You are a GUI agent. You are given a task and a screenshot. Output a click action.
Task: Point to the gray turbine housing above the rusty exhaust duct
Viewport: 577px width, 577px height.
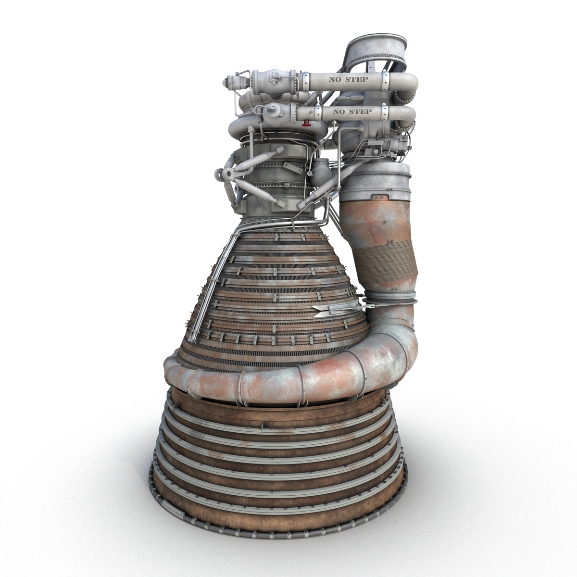point(378,183)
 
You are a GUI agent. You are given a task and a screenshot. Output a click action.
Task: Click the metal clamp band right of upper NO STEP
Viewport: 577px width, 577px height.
point(385,81)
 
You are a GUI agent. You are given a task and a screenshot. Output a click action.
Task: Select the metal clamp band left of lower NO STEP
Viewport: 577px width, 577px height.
point(318,114)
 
